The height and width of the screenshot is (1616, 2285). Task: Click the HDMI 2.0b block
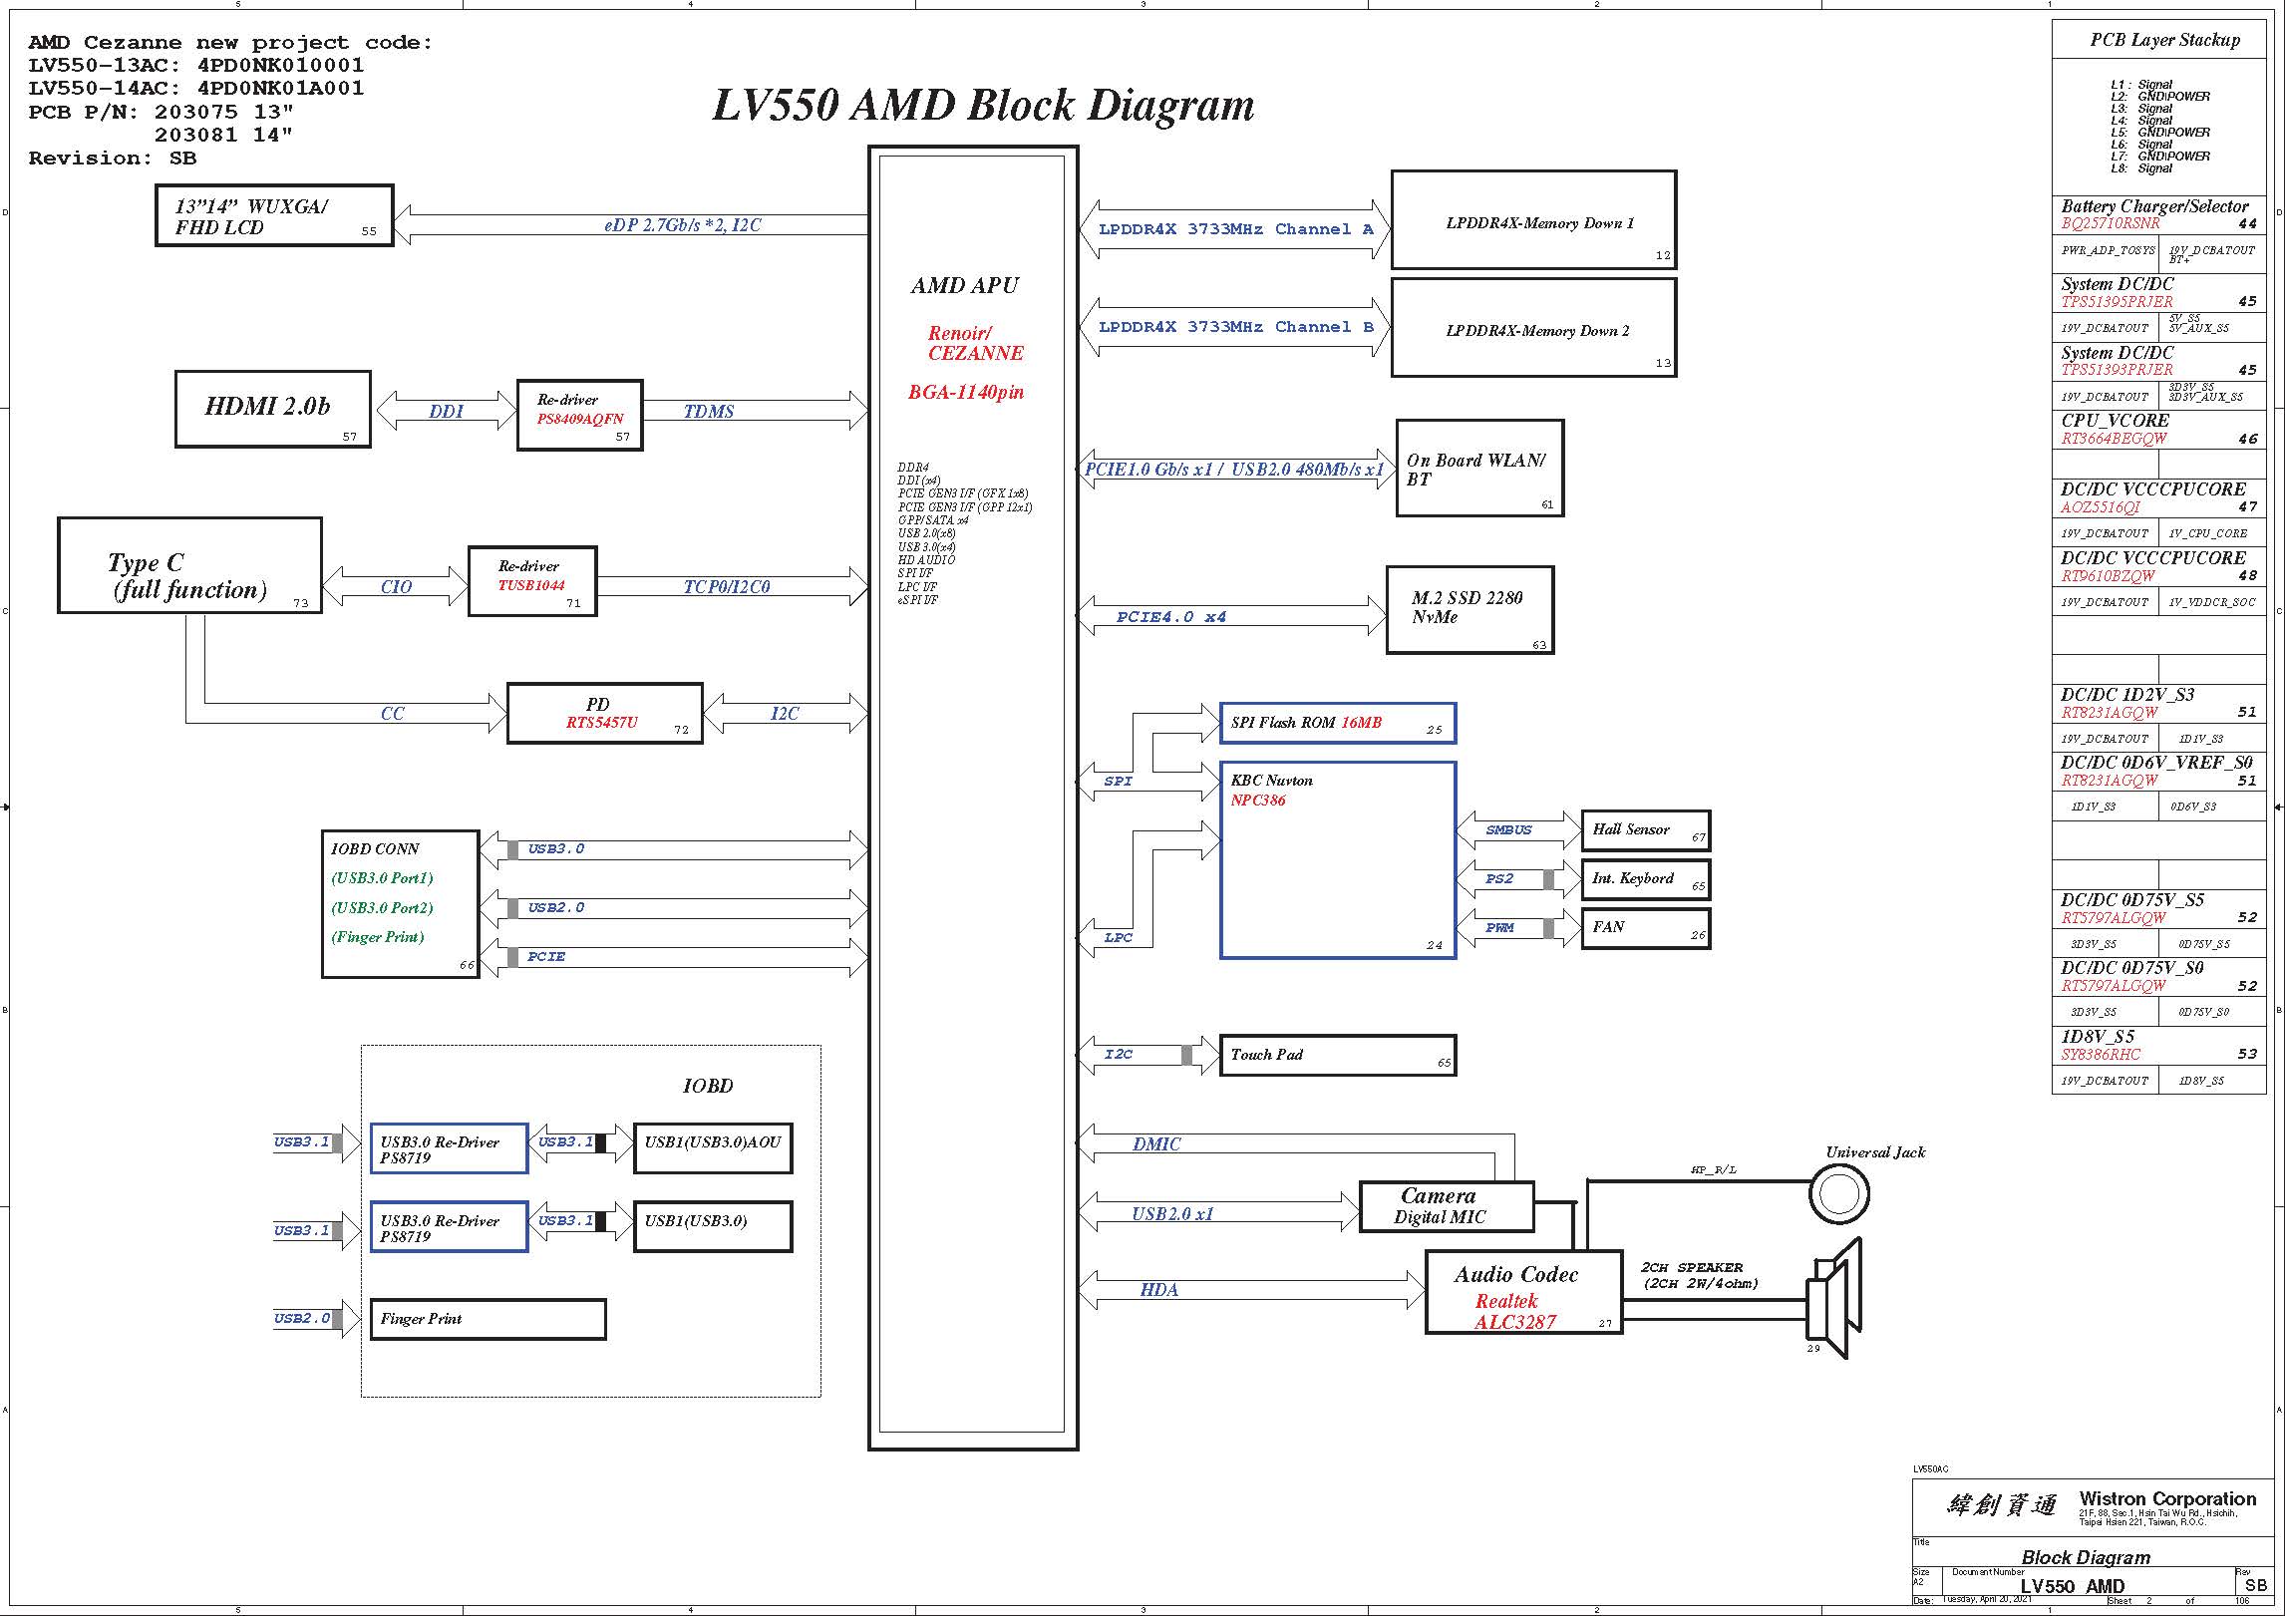272,409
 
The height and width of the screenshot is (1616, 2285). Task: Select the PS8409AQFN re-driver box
579,415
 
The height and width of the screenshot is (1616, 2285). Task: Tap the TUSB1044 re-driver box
532,581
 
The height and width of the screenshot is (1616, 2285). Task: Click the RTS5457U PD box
604,713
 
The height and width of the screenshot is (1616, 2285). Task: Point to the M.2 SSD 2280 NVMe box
1469,609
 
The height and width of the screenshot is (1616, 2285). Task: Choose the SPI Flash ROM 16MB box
1337,723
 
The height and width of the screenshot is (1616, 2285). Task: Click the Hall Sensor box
1645,830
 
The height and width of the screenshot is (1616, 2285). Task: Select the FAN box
1645,928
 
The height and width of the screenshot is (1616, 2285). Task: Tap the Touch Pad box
1337,1055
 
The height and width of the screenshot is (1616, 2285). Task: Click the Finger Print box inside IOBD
488,1319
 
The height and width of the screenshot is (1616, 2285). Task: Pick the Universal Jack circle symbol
1839,1194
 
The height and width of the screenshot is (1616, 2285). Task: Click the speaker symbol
1834,1300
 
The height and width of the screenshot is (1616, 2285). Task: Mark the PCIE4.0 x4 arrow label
1171,617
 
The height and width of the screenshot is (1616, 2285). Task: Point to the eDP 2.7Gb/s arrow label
683,225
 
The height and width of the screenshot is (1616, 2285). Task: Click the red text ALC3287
1515,1322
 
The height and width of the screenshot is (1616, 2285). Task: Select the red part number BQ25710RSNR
2111,223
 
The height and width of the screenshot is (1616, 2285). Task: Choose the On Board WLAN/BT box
1479,469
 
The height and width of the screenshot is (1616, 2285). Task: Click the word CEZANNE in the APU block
975,353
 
